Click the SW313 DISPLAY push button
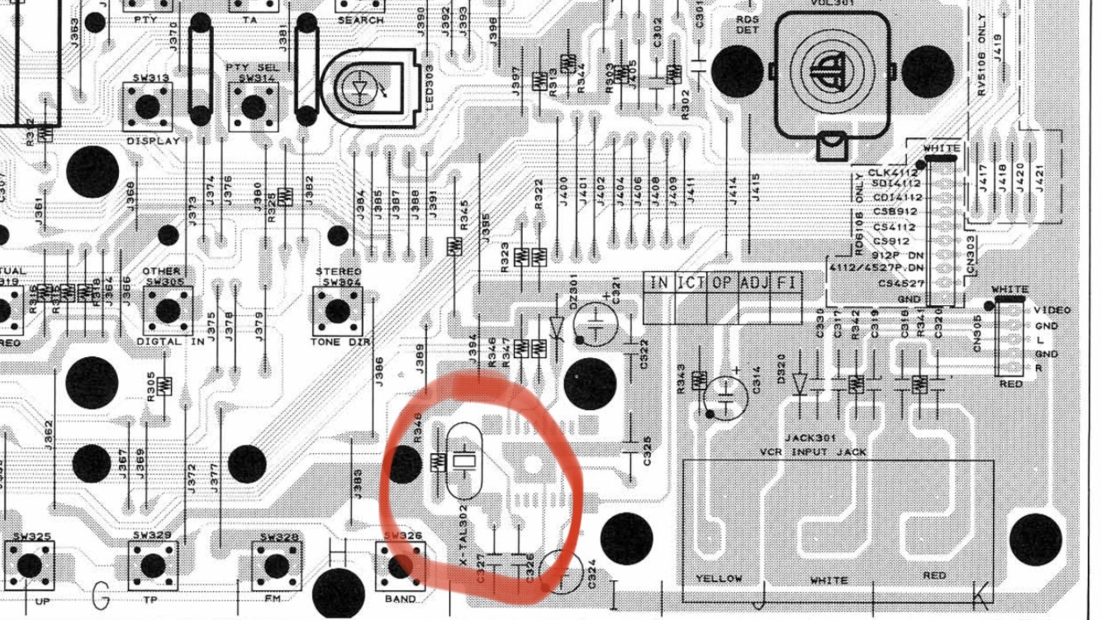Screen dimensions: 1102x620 click(149, 106)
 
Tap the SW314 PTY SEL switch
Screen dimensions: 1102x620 click(250, 106)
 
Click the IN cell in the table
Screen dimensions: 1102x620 click(658, 283)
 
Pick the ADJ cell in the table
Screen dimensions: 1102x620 click(754, 283)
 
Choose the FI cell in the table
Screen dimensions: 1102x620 click(786, 283)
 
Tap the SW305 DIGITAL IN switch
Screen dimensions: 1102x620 click(168, 311)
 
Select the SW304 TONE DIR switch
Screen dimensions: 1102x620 click(337, 311)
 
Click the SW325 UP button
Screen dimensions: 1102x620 click(30, 566)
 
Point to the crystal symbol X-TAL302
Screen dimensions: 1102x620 click(464, 460)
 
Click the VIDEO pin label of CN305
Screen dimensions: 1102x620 click(1052, 310)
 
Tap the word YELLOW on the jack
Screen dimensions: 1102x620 click(719, 578)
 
